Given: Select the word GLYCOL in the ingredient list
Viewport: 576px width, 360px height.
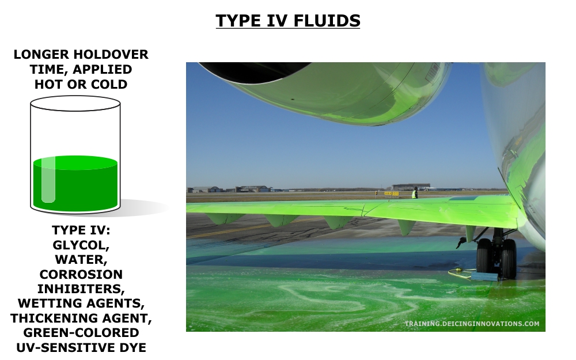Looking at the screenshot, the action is tap(81, 245).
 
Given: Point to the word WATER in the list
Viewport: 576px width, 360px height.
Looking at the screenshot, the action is tap(81, 260).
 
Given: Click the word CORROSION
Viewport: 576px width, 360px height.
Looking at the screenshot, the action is tap(81, 274).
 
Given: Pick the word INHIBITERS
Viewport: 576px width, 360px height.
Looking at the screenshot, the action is tap(81, 289).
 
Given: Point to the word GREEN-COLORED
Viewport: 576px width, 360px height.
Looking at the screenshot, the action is tap(81, 333).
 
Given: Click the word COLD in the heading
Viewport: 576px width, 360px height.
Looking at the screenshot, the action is tap(109, 85).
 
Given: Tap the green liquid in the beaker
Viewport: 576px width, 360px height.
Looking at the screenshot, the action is tap(75, 184).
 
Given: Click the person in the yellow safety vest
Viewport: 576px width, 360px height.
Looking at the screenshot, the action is tap(415, 193).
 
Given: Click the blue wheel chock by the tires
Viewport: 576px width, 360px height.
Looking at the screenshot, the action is tap(484, 276).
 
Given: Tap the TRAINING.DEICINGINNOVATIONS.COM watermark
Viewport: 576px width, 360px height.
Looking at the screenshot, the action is tap(472, 324).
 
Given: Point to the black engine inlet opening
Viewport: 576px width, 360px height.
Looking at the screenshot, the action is tap(253, 70).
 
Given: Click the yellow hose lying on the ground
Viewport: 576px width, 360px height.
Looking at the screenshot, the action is tap(460, 272).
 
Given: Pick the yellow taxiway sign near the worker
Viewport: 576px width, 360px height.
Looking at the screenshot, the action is tap(391, 193).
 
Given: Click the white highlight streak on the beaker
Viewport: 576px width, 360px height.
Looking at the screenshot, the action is tap(48, 180).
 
